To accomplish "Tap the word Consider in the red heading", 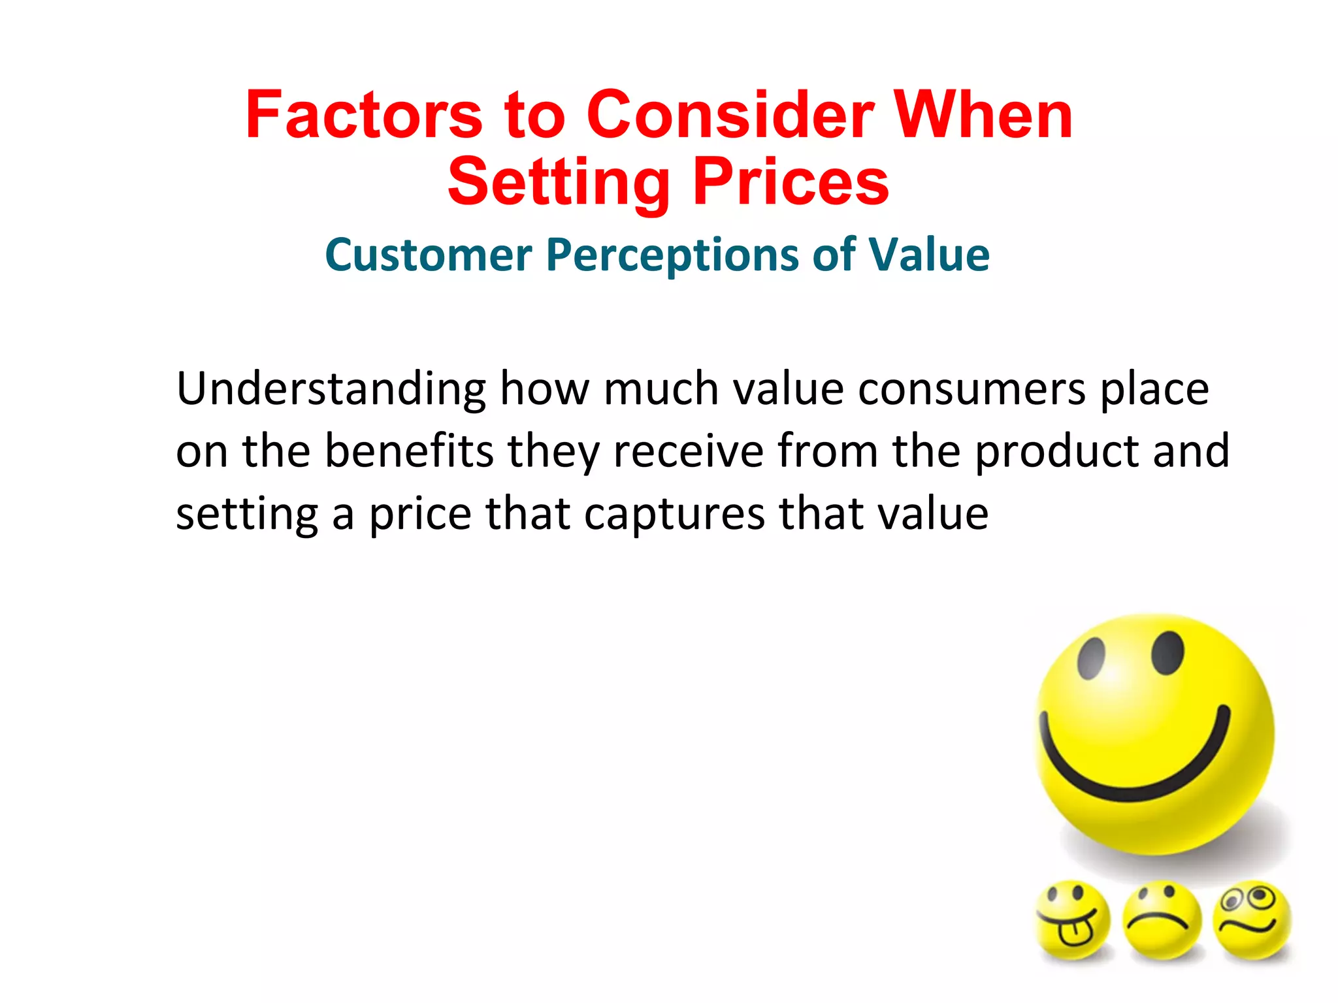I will click(x=730, y=116).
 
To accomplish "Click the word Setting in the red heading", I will click(x=559, y=183).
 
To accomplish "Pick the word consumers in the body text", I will click(x=972, y=390).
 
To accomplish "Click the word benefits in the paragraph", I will click(x=409, y=451).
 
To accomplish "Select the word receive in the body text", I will click(x=688, y=451).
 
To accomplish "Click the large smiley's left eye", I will click(x=1091, y=657).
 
